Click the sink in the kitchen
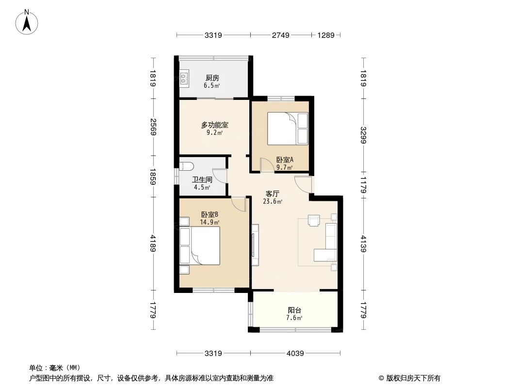pos(184,78)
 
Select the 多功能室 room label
pos(214,125)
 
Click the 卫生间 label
pos(202,179)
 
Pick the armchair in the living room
pos(314,221)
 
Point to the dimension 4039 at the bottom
pos(295,354)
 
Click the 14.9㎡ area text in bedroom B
pos(210,222)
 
